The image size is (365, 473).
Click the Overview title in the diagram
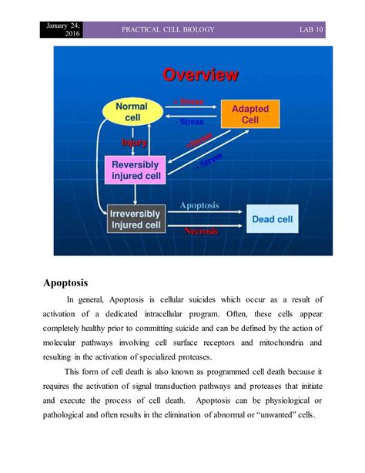[200, 75]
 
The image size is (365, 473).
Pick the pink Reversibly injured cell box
[135, 170]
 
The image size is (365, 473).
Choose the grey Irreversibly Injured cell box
[135, 219]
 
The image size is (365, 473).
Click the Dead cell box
[273, 219]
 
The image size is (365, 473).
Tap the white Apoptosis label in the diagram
[199, 206]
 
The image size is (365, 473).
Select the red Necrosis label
[200, 231]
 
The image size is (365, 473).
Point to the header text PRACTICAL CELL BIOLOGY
[167, 29]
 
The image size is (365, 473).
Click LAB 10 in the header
[316, 29]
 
